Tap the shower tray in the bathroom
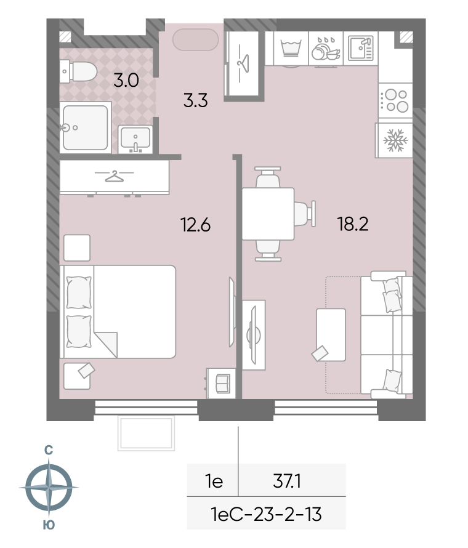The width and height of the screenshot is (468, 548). [85, 127]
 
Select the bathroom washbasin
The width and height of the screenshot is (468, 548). [135, 139]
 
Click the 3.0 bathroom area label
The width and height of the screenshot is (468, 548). [126, 81]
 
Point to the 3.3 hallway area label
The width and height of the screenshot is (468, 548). [196, 100]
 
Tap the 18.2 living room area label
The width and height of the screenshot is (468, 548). [353, 224]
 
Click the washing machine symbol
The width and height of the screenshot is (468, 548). [291, 48]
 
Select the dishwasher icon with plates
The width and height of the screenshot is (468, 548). [326, 48]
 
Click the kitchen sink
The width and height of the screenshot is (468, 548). [361, 48]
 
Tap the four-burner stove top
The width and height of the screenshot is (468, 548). [395, 100]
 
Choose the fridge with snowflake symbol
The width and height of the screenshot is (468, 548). [395, 140]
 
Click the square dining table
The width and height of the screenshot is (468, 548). [268, 214]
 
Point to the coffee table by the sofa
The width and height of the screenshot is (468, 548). [331, 335]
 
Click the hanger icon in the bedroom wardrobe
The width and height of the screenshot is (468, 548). [115, 176]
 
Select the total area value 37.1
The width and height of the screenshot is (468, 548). [286, 482]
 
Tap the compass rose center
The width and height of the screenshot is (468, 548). [49, 487]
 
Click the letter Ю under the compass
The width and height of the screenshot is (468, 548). [49, 525]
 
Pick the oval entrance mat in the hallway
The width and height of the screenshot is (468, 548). [195, 39]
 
